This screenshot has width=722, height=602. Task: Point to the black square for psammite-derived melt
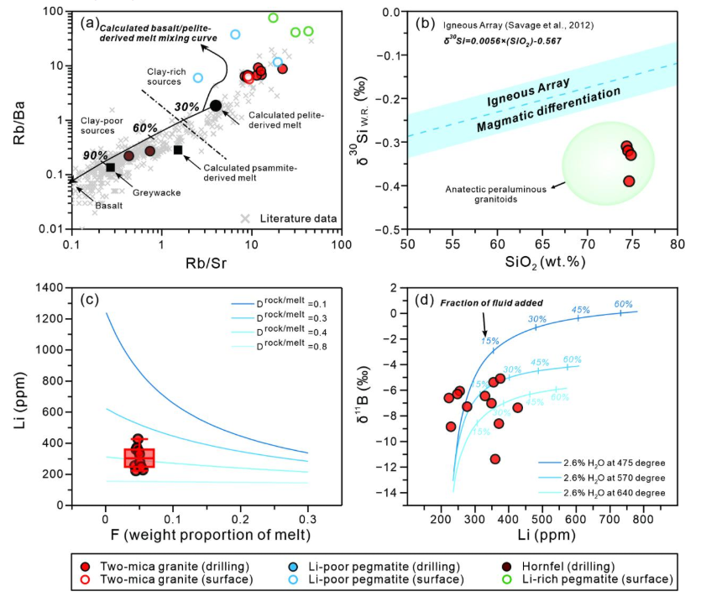coord(178,149)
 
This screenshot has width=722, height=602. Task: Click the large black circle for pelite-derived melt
coord(216,105)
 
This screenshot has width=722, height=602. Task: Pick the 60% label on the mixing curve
coord(145,128)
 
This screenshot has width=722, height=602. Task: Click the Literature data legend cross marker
coord(245,218)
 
